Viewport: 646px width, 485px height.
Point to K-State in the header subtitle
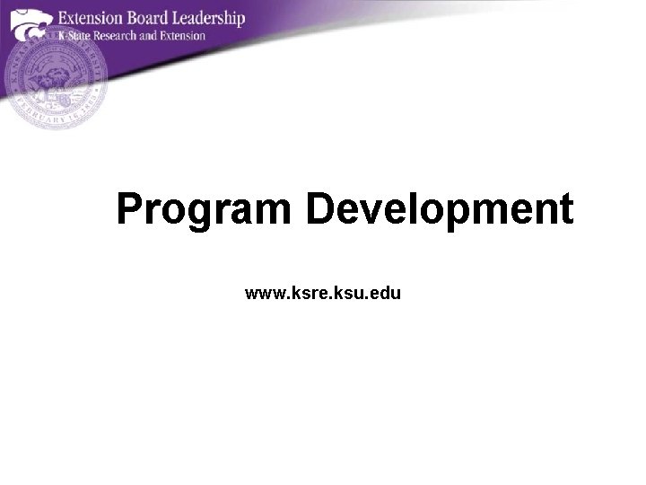pos(75,36)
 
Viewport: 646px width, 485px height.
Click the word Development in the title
pos(439,209)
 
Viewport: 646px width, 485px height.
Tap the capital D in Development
pos(319,209)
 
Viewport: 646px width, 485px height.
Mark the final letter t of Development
pos(565,209)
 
